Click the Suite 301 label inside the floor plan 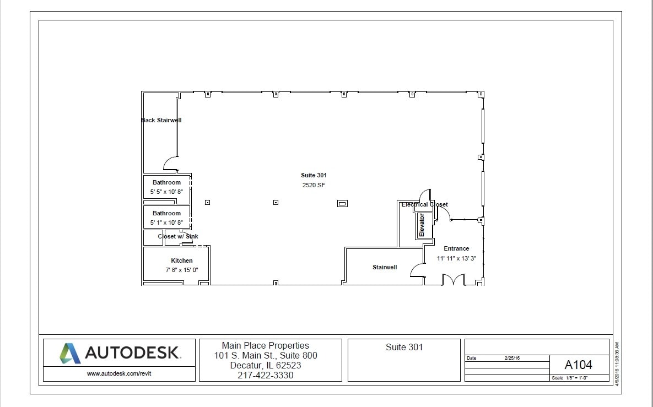tap(314, 175)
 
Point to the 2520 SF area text tap(314, 185)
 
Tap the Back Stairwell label tap(161, 120)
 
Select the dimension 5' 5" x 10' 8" tap(166, 192)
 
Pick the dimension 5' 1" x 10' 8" tap(166, 223)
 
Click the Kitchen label tap(181, 261)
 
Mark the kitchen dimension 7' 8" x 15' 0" tap(181, 270)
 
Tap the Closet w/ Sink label tap(177, 236)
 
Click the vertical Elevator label tap(422, 225)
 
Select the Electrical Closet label tap(424, 204)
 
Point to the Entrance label tap(456, 248)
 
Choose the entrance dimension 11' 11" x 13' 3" tap(456, 258)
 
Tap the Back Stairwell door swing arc tap(170, 164)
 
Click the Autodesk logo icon tap(70, 353)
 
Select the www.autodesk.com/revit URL tap(119, 373)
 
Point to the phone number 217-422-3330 tap(266, 375)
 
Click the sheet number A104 tap(579, 365)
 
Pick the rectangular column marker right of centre tap(342, 203)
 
